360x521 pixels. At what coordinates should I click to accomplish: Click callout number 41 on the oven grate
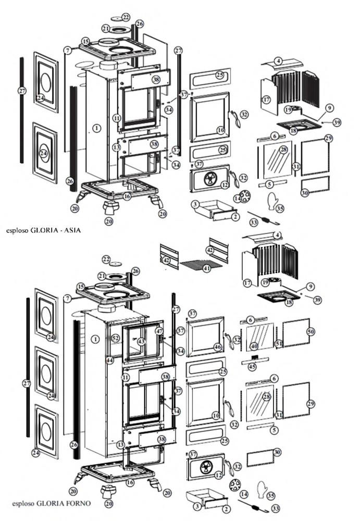[207, 269]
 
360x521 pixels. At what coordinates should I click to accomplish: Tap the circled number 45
[253, 367]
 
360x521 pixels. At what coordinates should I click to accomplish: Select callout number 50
[311, 331]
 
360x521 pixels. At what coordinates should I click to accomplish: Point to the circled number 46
[218, 346]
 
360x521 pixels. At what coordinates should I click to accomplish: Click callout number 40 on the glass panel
[254, 346]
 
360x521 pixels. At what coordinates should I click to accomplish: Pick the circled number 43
[141, 341]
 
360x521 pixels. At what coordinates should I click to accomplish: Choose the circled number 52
[115, 339]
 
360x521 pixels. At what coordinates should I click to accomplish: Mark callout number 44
[110, 360]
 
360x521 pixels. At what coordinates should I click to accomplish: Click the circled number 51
[279, 344]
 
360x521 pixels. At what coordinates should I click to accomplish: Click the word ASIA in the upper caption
[72, 229]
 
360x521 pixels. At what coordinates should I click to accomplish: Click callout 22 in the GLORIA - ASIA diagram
[126, 17]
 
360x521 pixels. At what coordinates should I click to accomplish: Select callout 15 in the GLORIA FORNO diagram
[81, 287]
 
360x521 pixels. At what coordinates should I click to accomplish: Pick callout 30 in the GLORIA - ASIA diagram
[305, 193]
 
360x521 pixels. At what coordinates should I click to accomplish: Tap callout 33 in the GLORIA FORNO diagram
[276, 508]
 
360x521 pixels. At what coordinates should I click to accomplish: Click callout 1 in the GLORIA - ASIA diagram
[96, 128]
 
